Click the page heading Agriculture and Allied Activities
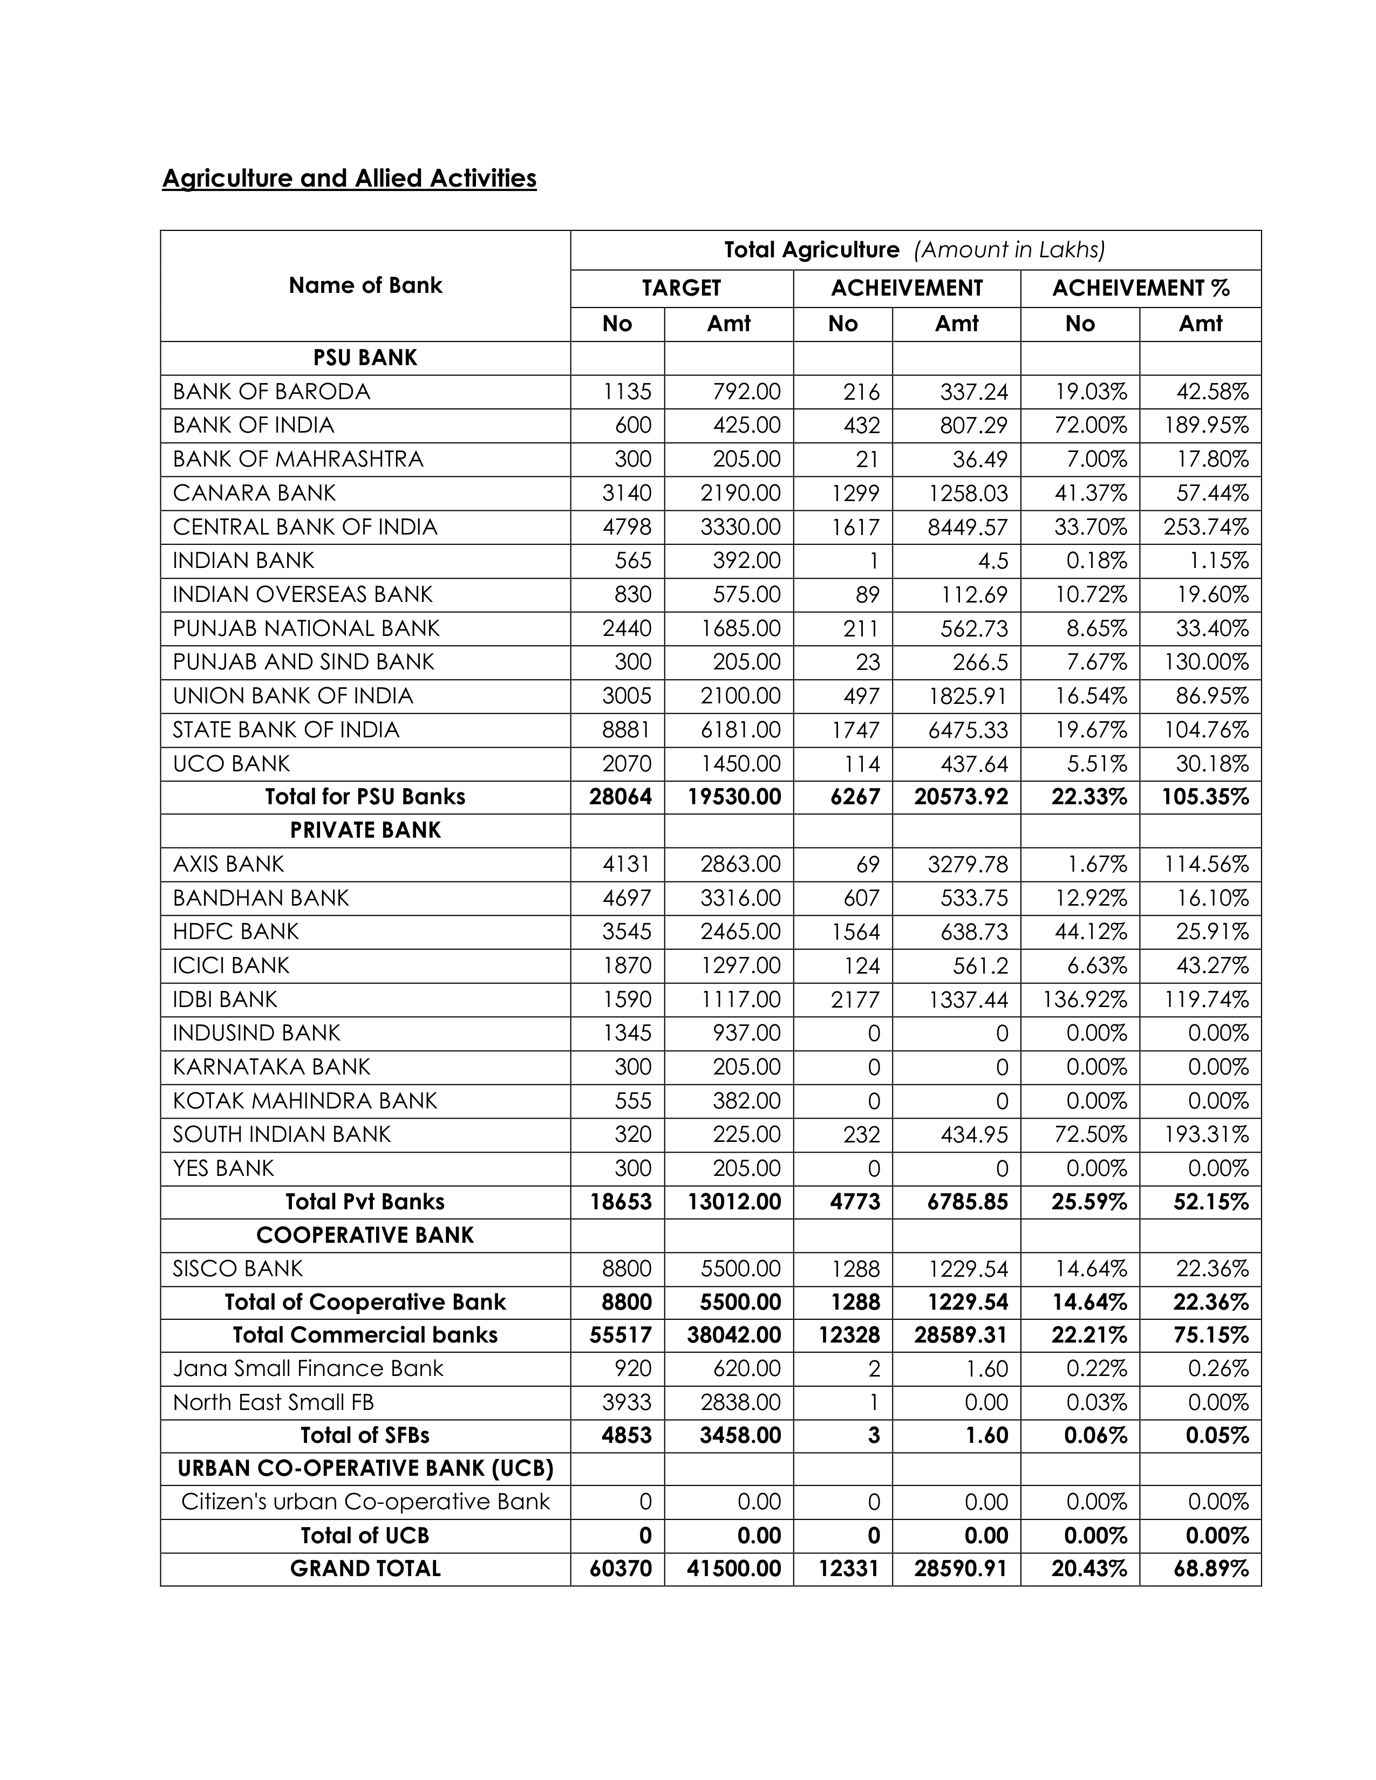click(349, 179)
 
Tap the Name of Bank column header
click(365, 285)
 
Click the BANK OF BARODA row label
click(271, 392)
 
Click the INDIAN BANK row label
click(243, 561)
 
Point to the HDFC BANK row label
click(236, 932)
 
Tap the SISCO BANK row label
click(237, 1269)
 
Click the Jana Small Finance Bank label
click(308, 1368)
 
